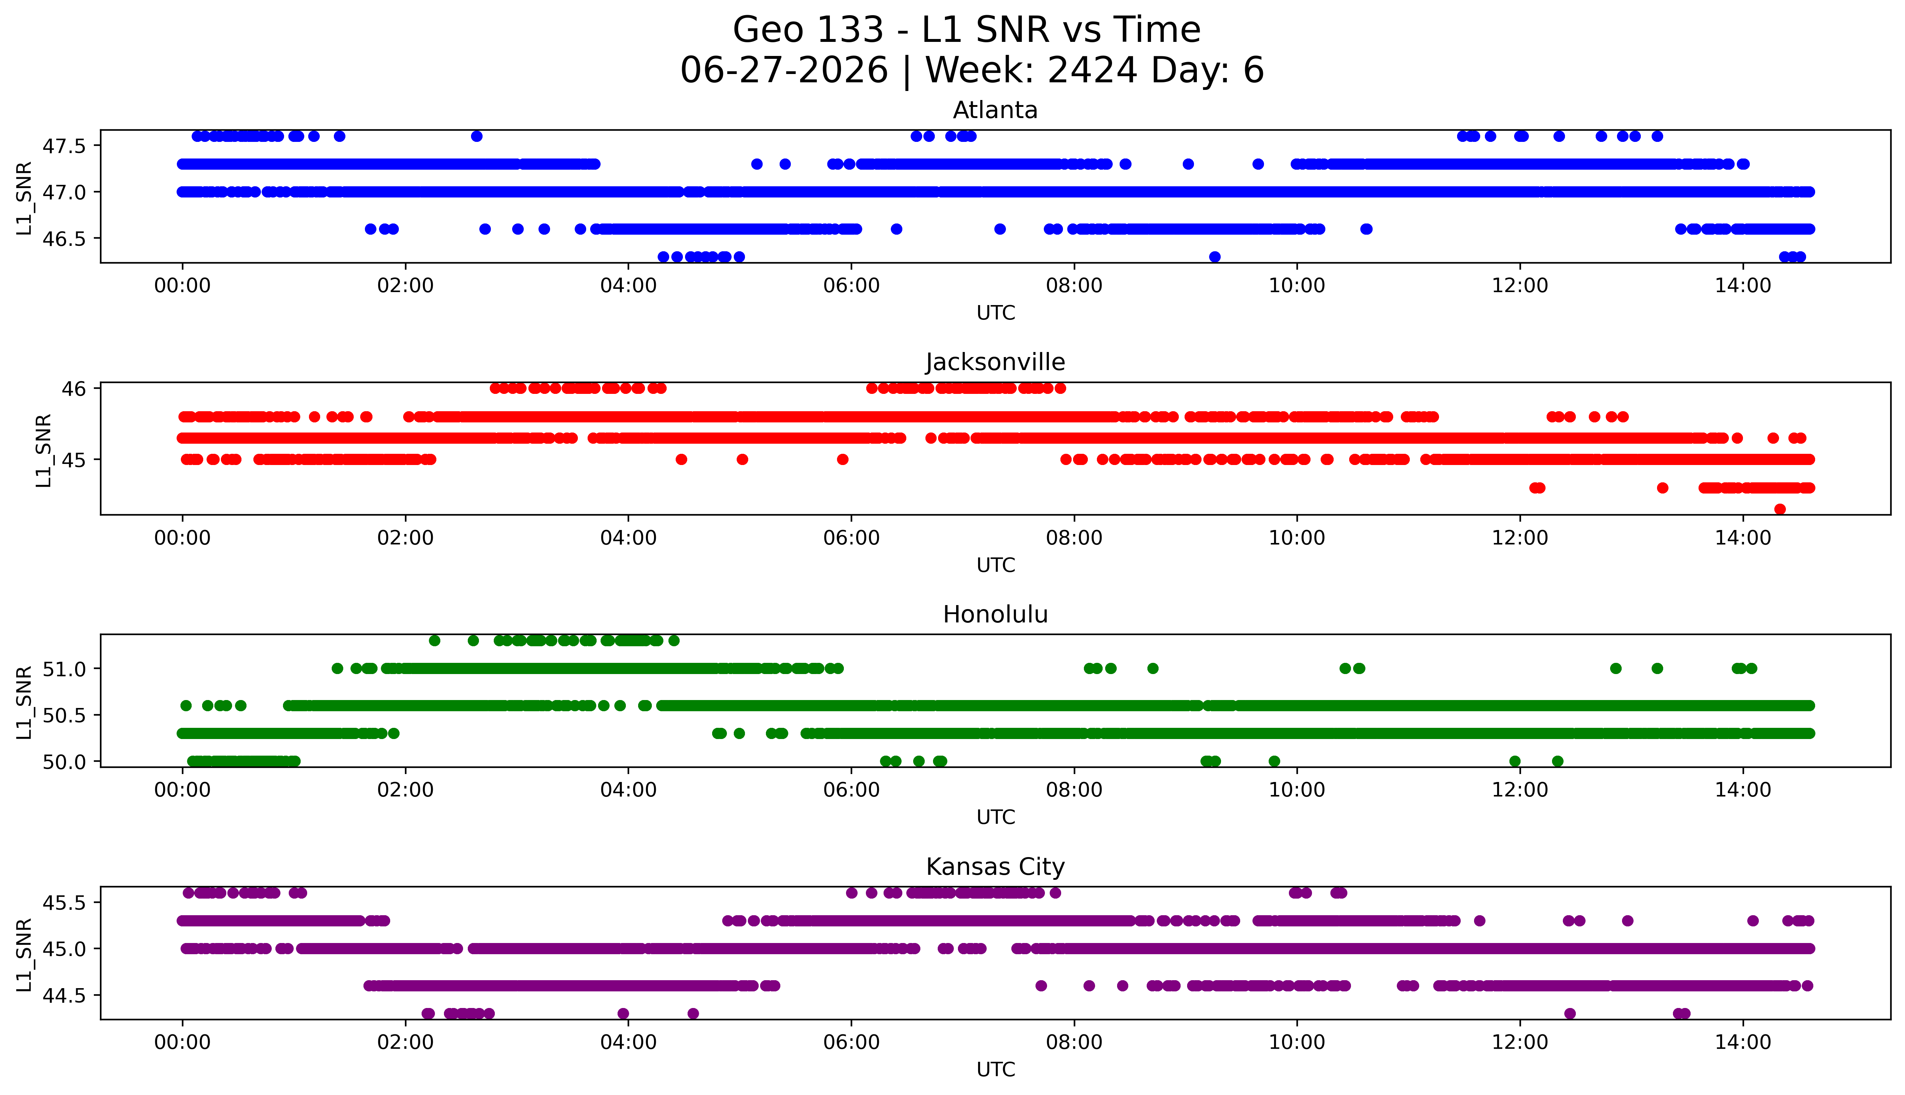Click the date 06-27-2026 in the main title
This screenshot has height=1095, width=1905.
(784, 71)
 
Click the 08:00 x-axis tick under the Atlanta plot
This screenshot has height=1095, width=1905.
(1073, 286)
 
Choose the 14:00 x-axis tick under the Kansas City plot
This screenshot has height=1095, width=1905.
(1743, 1042)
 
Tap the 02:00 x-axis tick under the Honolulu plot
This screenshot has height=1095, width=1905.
(405, 790)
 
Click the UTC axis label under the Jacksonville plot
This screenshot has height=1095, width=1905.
(995, 565)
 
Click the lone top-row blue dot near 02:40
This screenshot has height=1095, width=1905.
(477, 136)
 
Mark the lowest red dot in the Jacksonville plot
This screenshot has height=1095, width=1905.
(1779, 509)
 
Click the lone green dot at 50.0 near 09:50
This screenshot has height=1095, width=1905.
(1274, 761)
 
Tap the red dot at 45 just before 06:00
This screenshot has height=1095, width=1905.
(843, 460)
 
